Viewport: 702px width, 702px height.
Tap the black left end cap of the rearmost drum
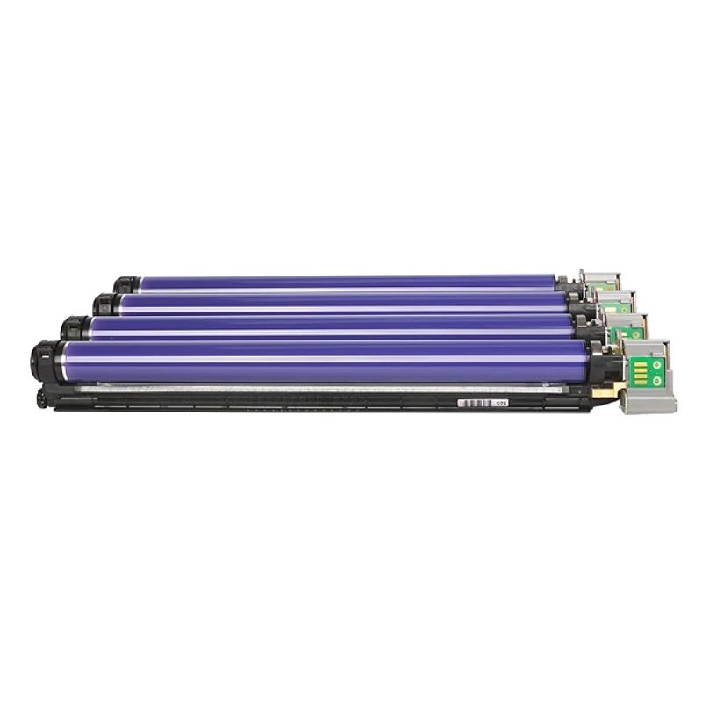pos(126,284)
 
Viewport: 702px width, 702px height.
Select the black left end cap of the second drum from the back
pos(106,304)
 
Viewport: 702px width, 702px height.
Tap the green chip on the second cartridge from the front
pos(632,333)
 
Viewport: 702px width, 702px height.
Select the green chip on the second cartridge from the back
pos(616,307)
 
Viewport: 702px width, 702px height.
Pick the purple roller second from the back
pos(342,303)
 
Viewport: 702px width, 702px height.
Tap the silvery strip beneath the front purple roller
pos(316,388)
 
